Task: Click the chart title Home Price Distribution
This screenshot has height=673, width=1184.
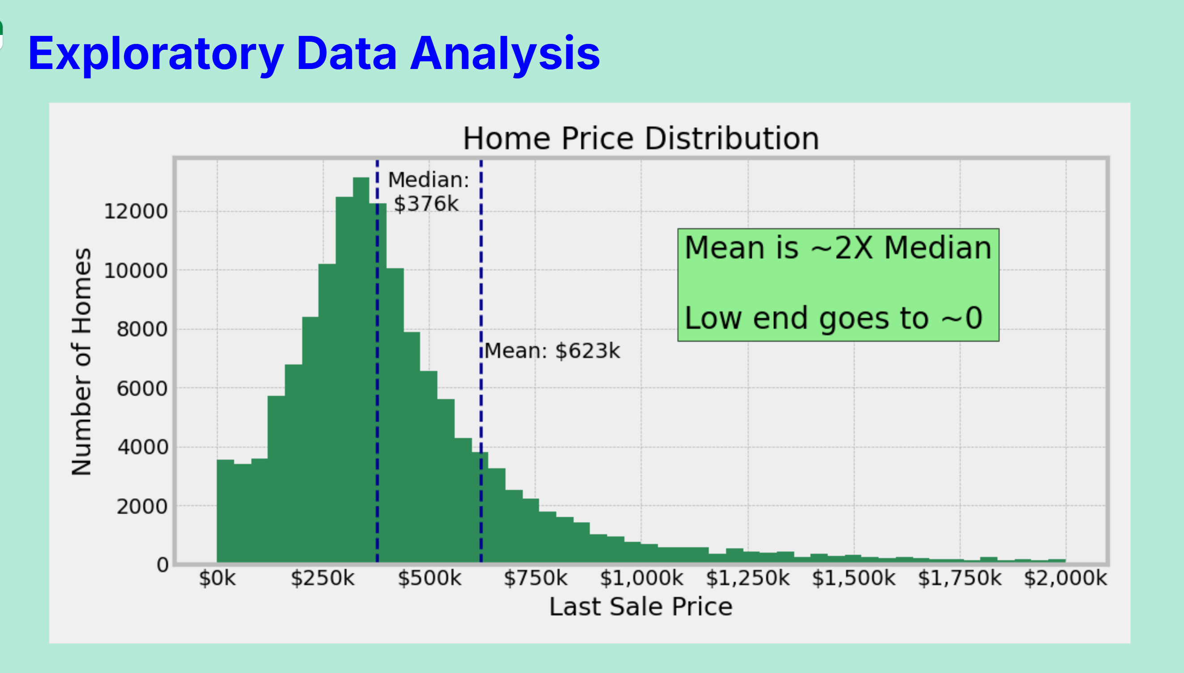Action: pos(641,138)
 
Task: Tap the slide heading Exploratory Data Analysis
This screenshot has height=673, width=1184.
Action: pos(314,54)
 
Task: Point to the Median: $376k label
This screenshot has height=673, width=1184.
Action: pos(428,192)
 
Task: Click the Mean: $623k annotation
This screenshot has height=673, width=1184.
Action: pos(552,351)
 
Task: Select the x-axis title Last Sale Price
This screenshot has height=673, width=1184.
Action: pos(641,606)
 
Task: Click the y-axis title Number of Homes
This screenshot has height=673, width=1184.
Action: pos(82,362)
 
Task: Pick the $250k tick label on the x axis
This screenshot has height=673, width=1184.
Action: pos(322,578)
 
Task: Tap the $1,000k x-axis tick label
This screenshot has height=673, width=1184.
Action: pos(641,578)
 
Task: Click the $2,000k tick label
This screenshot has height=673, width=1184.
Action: pos(1065,578)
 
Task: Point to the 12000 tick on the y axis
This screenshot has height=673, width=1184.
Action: pos(136,211)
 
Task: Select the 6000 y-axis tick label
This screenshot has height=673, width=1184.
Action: pos(142,389)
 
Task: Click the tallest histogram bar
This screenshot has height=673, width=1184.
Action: pos(361,370)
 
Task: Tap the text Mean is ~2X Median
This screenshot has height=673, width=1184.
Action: pos(838,248)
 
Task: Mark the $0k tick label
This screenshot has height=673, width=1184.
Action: pos(217,578)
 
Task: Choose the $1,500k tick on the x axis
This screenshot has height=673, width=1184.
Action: pos(853,578)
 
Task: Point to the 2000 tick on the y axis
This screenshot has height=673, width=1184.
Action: pos(142,507)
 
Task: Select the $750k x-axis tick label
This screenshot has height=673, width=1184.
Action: pos(536,578)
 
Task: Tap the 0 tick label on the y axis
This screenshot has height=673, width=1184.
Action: pos(163,565)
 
